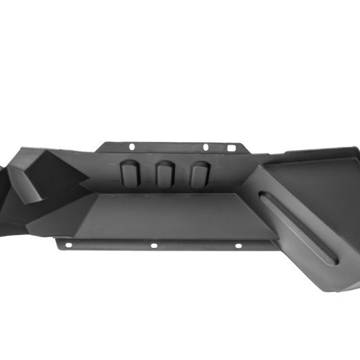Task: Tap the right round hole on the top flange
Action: click(205, 147)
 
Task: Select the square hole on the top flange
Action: click(232, 147)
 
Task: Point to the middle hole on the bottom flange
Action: click(154, 245)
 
